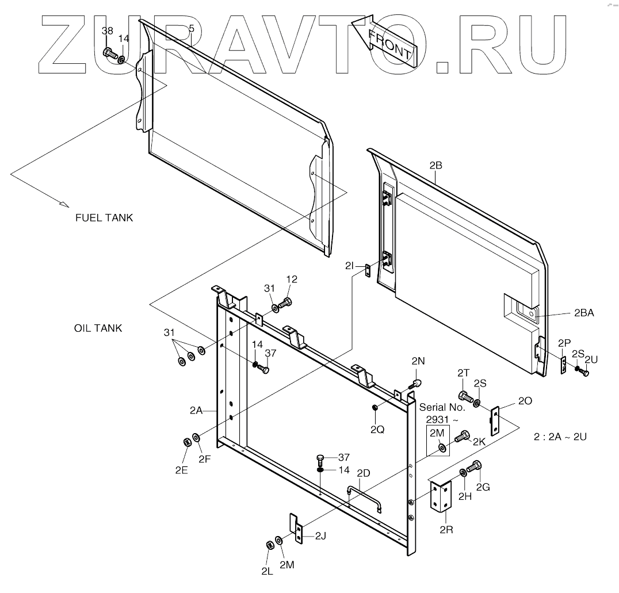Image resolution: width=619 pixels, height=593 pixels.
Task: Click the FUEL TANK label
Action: [104, 218]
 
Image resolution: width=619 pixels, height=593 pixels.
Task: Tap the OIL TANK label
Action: [98, 328]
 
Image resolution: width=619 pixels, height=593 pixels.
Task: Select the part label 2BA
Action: [584, 313]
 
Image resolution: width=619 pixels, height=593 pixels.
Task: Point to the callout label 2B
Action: [436, 166]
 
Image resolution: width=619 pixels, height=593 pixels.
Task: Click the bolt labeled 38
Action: [109, 53]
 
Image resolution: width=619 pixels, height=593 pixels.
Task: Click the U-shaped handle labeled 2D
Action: [363, 496]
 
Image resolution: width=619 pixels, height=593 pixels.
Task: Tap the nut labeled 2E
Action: [187, 442]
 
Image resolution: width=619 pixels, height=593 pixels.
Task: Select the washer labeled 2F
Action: [197, 439]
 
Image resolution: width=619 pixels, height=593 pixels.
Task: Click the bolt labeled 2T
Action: [464, 396]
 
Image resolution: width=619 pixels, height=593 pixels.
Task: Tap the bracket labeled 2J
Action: [297, 529]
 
